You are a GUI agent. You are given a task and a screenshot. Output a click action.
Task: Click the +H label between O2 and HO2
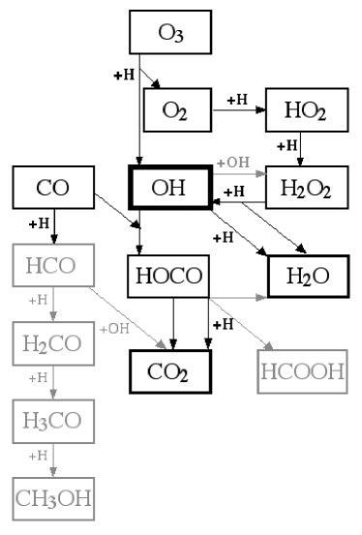237,99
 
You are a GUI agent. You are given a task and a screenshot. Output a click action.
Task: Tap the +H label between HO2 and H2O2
288,146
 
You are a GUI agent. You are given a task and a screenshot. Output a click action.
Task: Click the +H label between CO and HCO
40,223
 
